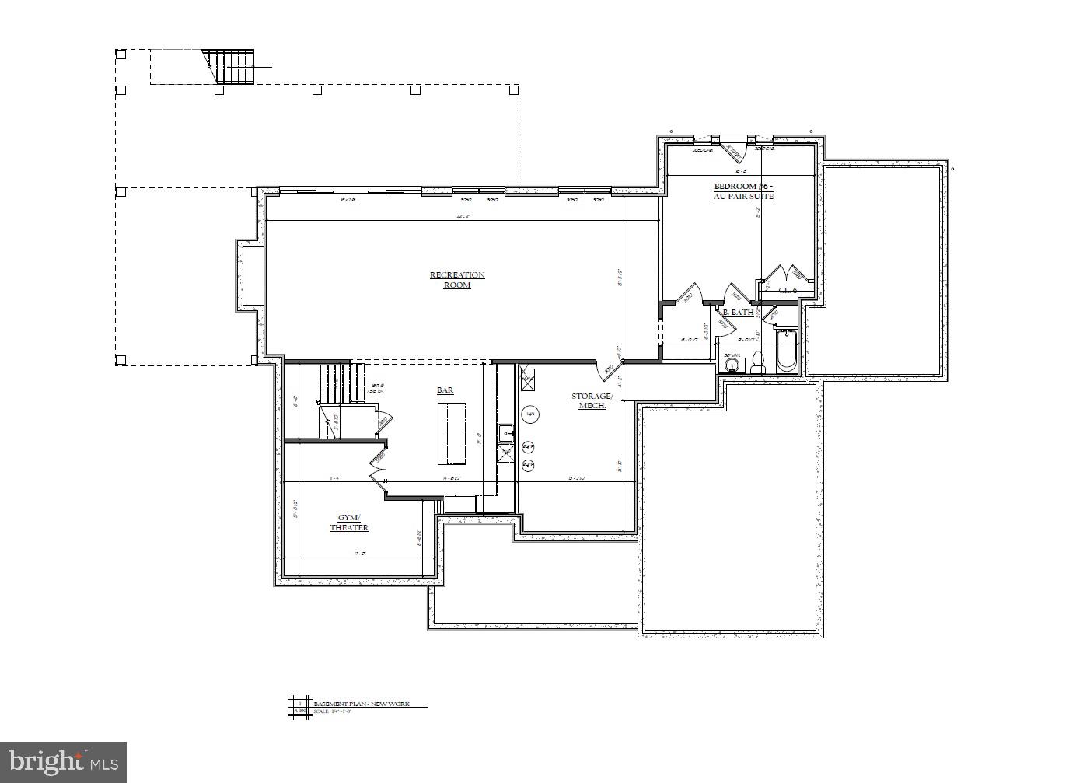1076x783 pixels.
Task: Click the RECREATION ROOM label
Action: click(x=457, y=280)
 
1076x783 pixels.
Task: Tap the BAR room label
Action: click(x=445, y=390)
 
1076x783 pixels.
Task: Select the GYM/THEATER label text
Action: click(x=349, y=523)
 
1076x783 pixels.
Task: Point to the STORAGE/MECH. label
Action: click(x=592, y=400)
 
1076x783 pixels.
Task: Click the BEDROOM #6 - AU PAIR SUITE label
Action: click(x=743, y=191)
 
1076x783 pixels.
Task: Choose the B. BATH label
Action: click(x=738, y=313)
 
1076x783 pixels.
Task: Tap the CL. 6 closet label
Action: click(x=788, y=291)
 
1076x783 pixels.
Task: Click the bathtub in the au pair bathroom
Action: click(x=786, y=351)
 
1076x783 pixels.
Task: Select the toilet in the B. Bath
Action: click(x=757, y=362)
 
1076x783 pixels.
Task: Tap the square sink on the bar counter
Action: click(x=505, y=432)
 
